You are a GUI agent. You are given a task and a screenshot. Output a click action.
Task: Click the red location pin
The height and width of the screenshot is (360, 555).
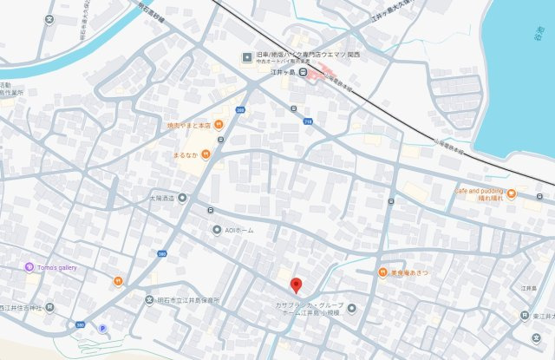coord(297,285)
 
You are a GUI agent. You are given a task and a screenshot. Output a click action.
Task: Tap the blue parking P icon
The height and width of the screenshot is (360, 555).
coord(103,328)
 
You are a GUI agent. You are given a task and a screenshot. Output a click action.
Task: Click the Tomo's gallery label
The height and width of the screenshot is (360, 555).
coord(56,267)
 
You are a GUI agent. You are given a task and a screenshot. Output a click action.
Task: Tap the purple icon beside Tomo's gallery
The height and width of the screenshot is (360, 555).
coord(29,267)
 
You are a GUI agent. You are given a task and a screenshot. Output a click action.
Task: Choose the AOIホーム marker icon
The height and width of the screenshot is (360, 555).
coord(217,230)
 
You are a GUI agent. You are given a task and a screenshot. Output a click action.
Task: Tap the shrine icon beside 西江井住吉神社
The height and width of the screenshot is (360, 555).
coord(49,308)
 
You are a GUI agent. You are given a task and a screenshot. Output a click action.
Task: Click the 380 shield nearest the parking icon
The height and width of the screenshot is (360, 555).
coord(81,325)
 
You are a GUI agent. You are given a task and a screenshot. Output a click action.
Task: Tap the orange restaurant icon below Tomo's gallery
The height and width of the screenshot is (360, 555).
coord(118,281)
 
